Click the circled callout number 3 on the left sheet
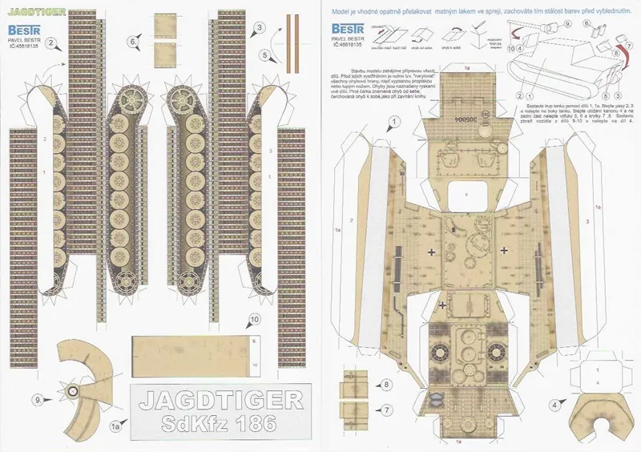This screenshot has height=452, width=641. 259,28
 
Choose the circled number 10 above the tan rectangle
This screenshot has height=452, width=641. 254,320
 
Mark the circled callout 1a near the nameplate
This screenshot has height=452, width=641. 115,429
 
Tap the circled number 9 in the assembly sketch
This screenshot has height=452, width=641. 568,25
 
